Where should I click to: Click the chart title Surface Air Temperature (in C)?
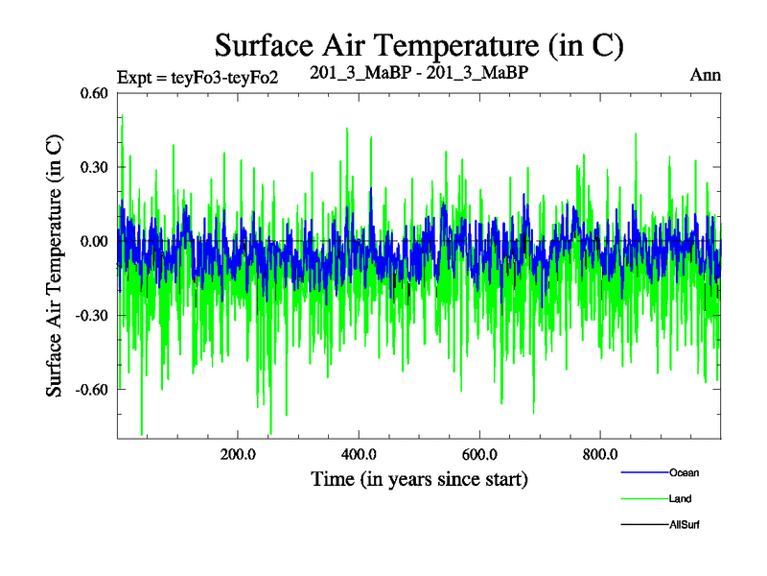click(x=419, y=45)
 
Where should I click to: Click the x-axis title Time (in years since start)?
click(x=419, y=478)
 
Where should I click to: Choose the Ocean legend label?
click(x=685, y=473)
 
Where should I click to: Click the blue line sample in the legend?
click(x=644, y=473)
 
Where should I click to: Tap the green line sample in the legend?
click(x=644, y=499)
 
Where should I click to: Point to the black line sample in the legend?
click(x=644, y=525)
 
